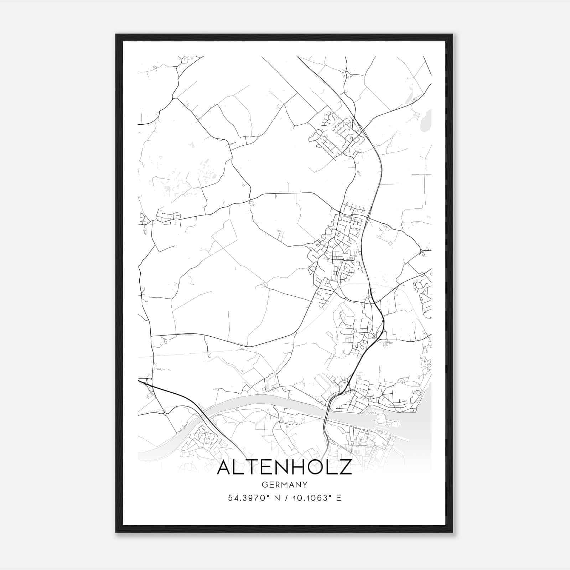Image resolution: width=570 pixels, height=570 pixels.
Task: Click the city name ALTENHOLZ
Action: [284, 467]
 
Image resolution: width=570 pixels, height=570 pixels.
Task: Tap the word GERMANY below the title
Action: [284, 484]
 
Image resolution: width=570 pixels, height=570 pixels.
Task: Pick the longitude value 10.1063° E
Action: [317, 498]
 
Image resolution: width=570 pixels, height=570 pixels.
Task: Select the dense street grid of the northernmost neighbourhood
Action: [335, 134]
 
